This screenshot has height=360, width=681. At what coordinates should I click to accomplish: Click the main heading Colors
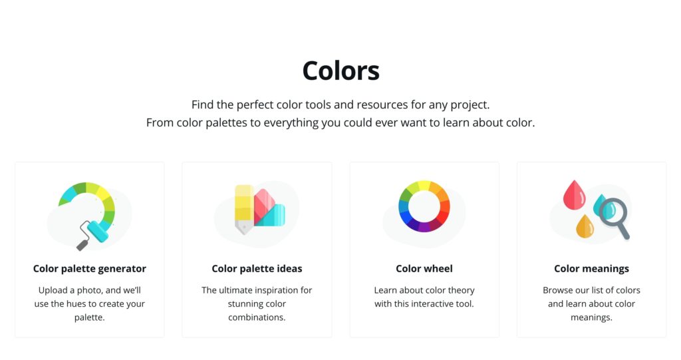(341, 71)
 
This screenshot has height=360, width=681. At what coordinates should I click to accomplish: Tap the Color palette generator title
(90, 269)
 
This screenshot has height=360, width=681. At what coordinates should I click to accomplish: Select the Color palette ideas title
(257, 269)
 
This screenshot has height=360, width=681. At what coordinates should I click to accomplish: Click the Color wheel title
(424, 269)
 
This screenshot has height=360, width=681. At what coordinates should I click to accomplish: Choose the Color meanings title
(591, 269)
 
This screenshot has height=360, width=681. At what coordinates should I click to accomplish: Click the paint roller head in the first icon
(97, 231)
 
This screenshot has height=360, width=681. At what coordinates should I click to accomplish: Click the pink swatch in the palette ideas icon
(264, 204)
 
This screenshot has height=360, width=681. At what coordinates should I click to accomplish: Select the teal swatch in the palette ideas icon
(273, 216)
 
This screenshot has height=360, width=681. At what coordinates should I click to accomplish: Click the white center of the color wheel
(424, 206)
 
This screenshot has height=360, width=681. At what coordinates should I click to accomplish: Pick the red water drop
(574, 195)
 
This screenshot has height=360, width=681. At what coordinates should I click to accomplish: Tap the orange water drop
(585, 226)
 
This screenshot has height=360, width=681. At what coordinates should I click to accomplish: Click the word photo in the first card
(90, 290)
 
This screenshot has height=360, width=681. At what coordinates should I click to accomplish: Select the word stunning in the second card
(245, 304)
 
